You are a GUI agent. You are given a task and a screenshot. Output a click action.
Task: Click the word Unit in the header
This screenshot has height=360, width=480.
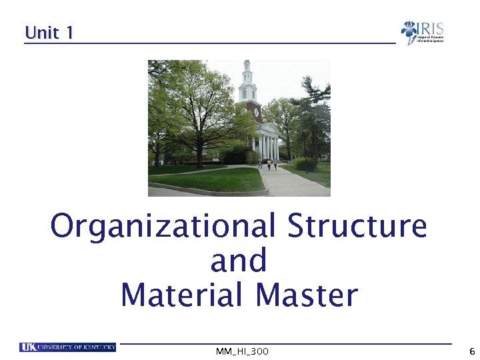[x=42, y=32]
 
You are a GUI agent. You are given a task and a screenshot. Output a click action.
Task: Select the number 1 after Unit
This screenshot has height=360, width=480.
[x=69, y=32]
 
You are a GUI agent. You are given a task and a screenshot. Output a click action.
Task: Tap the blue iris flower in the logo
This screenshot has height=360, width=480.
[x=409, y=31]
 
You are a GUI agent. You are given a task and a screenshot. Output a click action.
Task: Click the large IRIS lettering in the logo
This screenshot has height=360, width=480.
[x=431, y=29]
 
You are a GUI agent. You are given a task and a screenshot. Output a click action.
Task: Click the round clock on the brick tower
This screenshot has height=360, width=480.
[x=257, y=112]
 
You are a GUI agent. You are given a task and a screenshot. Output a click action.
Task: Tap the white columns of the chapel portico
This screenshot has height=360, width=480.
[x=269, y=146]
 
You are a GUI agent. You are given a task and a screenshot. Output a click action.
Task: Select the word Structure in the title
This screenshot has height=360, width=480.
[x=357, y=226]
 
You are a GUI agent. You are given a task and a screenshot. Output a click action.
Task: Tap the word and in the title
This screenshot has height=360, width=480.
[x=239, y=260]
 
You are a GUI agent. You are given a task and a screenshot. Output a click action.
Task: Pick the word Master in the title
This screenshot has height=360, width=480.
[x=307, y=295]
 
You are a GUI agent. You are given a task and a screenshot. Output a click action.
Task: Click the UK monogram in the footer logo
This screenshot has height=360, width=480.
[x=28, y=347]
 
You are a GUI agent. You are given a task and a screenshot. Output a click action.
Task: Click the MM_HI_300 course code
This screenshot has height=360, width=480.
[x=242, y=351]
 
